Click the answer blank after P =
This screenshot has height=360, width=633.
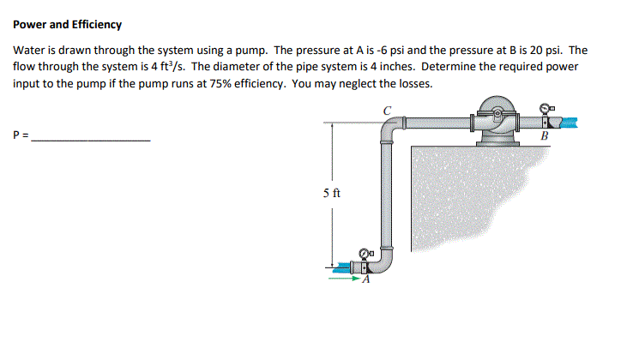91,136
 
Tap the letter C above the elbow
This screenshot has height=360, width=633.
388,109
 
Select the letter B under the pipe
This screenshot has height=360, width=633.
544,136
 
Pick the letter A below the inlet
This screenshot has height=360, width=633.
367,279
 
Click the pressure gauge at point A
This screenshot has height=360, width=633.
365,254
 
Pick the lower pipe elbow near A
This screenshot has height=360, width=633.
387,261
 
